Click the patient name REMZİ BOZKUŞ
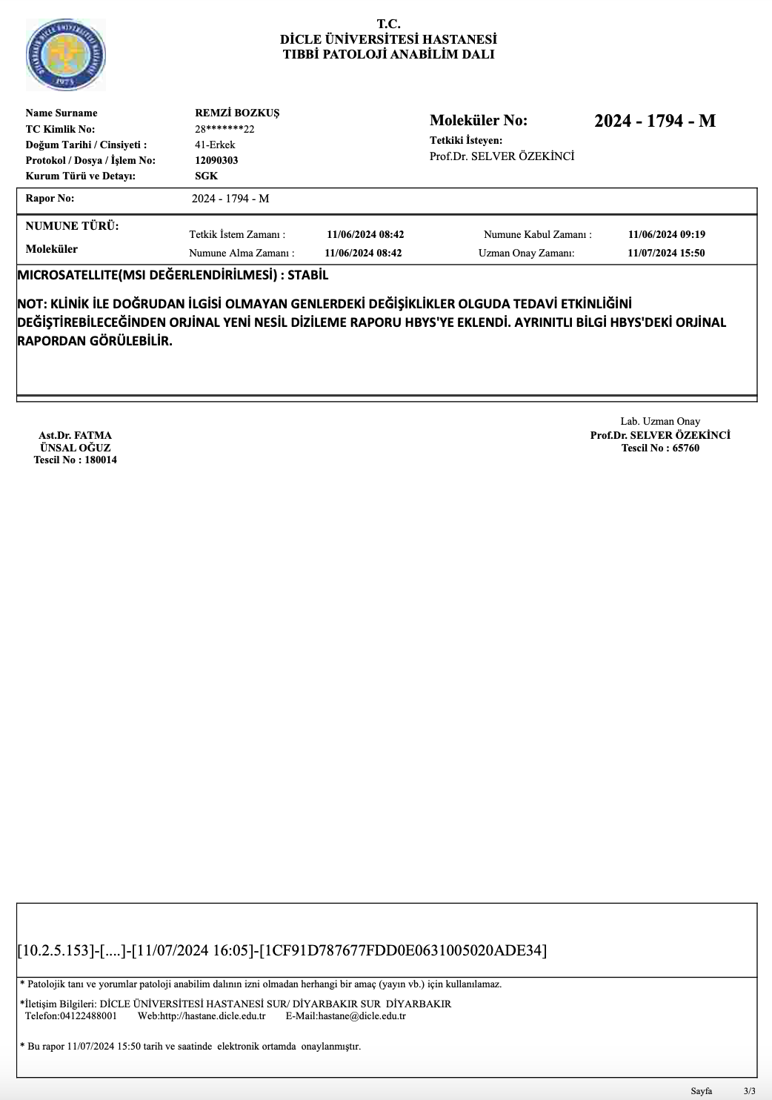(237, 113)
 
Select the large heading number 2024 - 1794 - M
(654, 121)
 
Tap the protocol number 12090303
(216, 160)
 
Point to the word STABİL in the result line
(307, 275)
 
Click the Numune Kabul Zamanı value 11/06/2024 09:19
(666, 235)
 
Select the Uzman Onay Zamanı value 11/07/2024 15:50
(666, 253)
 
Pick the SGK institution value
(206, 176)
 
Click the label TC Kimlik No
(60, 129)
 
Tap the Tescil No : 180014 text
(75, 460)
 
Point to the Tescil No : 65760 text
(660, 448)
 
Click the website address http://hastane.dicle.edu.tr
(213, 1015)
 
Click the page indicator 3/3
(750, 1091)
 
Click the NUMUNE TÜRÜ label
(72, 226)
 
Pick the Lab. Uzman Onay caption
(660, 421)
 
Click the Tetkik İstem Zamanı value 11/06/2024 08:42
(365, 235)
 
